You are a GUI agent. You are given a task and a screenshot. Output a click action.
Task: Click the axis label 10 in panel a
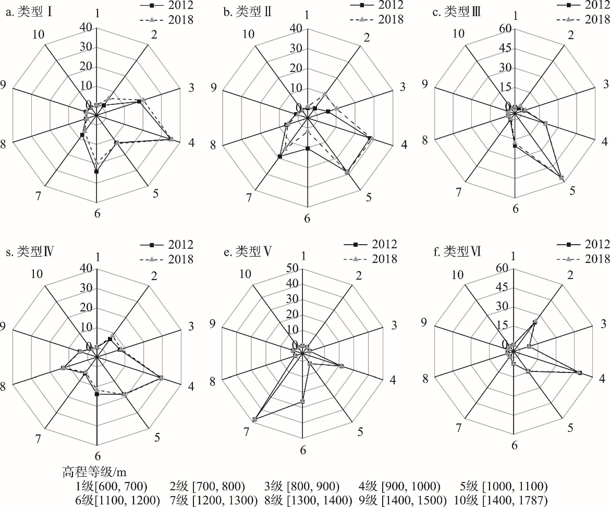(x=38, y=35)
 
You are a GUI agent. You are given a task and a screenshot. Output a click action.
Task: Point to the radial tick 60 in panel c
(x=504, y=29)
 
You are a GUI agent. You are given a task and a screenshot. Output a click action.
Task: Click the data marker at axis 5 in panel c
(x=561, y=178)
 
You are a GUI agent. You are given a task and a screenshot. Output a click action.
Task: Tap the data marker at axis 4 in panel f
(x=579, y=372)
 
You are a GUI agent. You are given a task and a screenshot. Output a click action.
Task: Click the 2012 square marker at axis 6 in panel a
(x=96, y=171)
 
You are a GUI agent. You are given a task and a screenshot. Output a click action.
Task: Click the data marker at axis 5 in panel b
(x=347, y=172)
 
